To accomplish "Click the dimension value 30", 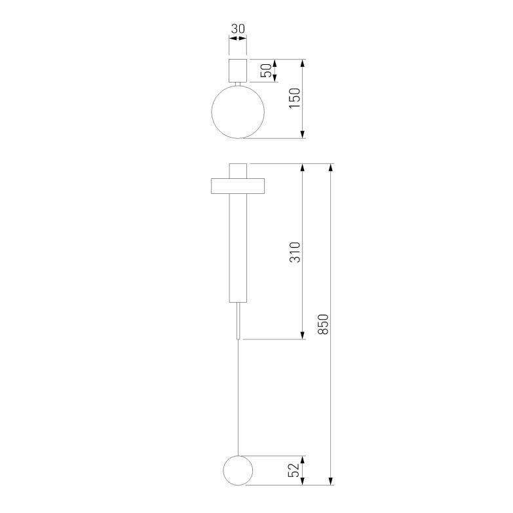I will pyautogui.click(x=238, y=29).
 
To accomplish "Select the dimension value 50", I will pyautogui.click(x=267, y=71).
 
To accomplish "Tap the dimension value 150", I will pyautogui.click(x=295, y=98).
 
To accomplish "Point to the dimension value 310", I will pyautogui.click(x=295, y=252).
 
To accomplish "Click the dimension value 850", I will pyautogui.click(x=323, y=324).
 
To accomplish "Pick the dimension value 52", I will pyautogui.click(x=295, y=470).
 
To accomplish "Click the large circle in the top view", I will pyautogui.click(x=238, y=112).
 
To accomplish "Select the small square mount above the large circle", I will pyautogui.click(x=238, y=70).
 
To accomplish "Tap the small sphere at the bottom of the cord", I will pyautogui.click(x=238, y=470).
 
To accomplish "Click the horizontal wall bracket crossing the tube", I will pyautogui.click(x=238, y=186).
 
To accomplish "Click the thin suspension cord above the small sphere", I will pyautogui.click(x=238, y=400).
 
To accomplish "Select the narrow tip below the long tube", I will pyautogui.click(x=238, y=320).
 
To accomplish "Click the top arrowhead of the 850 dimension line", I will pyautogui.click(x=332, y=168).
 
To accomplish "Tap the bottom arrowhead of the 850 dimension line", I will pyautogui.click(x=332, y=480).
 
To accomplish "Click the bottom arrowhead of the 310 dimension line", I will pyautogui.click(x=303, y=335).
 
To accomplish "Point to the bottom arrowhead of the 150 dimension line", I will pyautogui.click(x=303, y=134).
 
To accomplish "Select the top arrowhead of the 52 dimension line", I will pyautogui.click(x=303, y=460).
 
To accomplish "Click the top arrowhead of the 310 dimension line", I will pyautogui.click(x=303, y=168).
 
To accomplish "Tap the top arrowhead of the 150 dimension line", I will pyautogui.click(x=303, y=64).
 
